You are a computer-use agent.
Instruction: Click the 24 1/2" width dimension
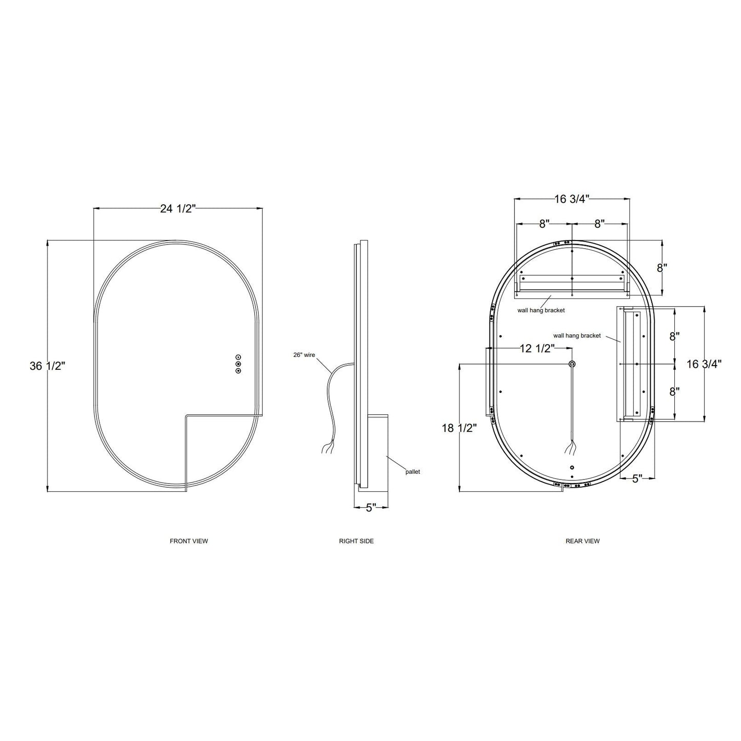(x=178, y=209)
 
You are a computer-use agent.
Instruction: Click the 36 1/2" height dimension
(x=48, y=366)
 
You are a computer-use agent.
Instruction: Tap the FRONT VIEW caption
(x=189, y=541)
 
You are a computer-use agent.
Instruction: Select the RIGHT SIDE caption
(x=356, y=541)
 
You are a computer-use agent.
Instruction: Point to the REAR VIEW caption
(x=583, y=541)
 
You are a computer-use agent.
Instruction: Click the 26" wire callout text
(x=304, y=355)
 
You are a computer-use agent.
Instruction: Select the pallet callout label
(x=413, y=472)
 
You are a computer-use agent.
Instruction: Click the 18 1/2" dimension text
(x=459, y=428)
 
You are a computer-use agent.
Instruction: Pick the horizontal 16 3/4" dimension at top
(x=572, y=199)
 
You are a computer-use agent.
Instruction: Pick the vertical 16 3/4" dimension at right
(x=704, y=364)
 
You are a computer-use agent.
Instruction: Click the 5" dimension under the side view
(x=371, y=508)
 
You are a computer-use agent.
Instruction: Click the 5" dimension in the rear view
(x=637, y=478)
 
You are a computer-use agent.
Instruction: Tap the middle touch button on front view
(x=238, y=364)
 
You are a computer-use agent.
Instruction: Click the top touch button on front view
(x=238, y=357)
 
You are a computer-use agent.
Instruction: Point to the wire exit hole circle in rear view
(x=572, y=364)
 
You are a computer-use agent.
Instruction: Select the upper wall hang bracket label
(x=541, y=310)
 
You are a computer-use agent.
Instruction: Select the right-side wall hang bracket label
(x=577, y=335)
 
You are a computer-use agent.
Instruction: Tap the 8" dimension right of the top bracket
(x=662, y=268)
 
